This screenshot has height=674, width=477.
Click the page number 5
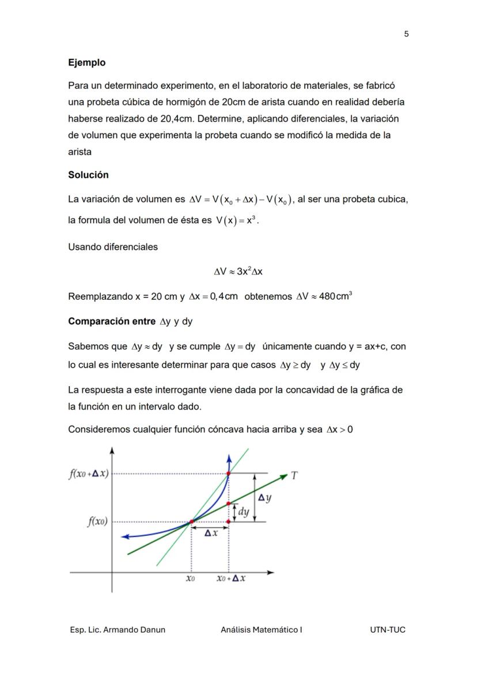[x=406, y=34]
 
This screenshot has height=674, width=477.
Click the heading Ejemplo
[x=86, y=62]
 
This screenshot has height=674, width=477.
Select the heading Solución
[x=88, y=174]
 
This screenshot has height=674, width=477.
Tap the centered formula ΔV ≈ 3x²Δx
[x=238, y=271]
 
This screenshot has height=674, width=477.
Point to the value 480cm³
[x=335, y=296]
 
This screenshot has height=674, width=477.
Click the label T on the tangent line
[x=294, y=475]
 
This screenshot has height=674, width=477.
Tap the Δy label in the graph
[x=264, y=498]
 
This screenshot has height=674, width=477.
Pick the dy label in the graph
[x=244, y=511]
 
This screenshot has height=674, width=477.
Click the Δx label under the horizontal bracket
[x=211, y=533]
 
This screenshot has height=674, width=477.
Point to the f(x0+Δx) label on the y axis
[x=89, y=474]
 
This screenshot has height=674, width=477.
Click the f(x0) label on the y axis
[x=97, y=522]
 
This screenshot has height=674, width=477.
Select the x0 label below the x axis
[x=190, y=579]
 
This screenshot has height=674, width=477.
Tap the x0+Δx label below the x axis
[x=231, y=579]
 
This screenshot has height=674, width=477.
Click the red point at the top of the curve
[x=229, y=474]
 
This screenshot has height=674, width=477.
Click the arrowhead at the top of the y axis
[x=112, y=450]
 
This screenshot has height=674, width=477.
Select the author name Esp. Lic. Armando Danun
[x=118, y=630]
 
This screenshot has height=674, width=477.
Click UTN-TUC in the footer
[x=387, y=630]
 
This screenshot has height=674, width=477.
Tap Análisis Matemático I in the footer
[x=261, y=630]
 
